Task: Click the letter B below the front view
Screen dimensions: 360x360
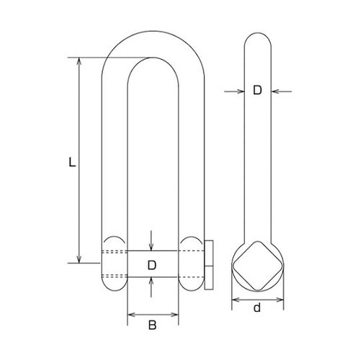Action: [152, 325]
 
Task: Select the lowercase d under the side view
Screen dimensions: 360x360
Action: [258, 309]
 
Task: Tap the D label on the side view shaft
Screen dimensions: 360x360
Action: [257, 91]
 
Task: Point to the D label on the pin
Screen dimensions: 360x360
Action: [152, 264]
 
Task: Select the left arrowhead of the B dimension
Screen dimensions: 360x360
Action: [130, 314]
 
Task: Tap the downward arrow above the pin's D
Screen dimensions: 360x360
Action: [152, 246]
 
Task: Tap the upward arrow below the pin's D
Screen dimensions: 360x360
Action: [152, 282]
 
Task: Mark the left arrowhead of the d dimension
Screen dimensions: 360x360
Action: [234, 297]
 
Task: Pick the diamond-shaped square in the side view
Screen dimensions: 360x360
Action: [258, 264]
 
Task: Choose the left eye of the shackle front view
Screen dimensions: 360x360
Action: [114, 264]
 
